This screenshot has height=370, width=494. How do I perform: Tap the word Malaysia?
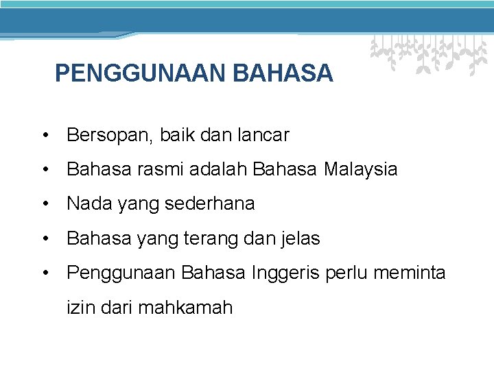pos(360,169)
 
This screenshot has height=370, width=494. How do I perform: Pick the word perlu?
pos(348,273)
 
